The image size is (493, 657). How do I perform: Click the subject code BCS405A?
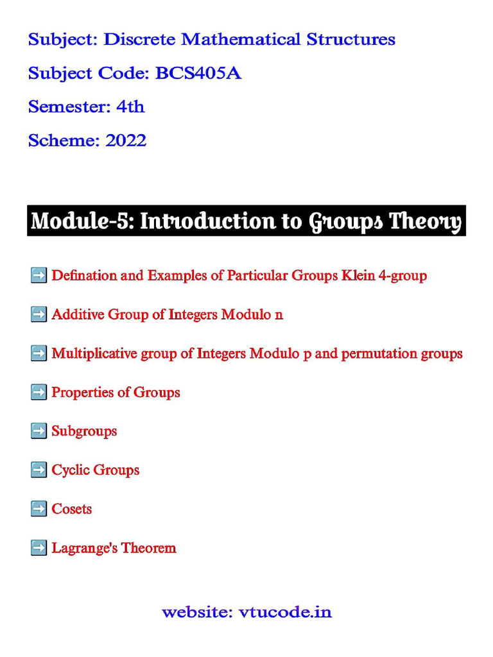(x=198, y=73)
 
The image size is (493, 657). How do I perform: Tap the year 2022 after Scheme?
(x=126, y=140)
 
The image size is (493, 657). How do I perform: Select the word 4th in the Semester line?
(x=130, y=107)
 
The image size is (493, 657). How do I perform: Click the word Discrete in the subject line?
(x=139, y=40)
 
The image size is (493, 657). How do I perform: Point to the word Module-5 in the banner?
(x=81, y=221)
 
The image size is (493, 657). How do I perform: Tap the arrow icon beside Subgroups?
(x=39, y=431)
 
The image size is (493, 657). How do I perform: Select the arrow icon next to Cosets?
(x=39, y=509)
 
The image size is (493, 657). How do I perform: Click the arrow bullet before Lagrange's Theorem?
(x=39, y=548)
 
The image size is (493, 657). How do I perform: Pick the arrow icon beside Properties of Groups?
(x=39, y=392)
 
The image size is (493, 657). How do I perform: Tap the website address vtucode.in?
(x=285, y=612)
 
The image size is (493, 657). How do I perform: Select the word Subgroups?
(x=84, y=431)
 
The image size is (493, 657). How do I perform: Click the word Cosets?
(x=71, y=509)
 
